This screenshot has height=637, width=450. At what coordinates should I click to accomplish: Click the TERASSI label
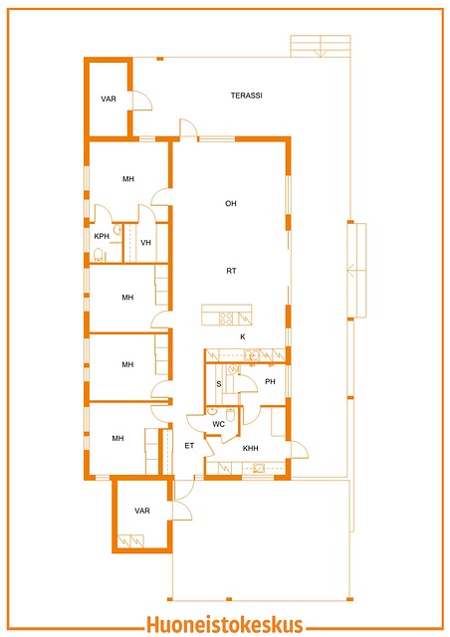(246, 96)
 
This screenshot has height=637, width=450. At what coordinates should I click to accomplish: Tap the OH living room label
(231, 203)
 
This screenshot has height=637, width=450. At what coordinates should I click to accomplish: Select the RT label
(231, 271)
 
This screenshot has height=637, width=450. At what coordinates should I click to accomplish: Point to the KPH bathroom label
(102, 236)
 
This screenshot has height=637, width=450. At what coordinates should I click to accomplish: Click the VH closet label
(145, 243)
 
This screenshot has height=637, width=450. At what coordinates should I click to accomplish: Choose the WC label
(219, 424)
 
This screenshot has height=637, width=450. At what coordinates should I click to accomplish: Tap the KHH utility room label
(251, 448)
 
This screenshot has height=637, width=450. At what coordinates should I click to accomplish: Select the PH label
(270, 381)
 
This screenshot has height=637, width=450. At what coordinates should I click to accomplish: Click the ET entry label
(189, 446)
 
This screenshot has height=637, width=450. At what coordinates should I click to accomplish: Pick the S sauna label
(219, 384)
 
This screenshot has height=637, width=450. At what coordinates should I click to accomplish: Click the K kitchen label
(243, 336)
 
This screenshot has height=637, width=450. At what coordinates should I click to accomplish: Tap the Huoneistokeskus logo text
(225, 624)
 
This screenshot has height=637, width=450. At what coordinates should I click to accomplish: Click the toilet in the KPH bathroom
(98, 255)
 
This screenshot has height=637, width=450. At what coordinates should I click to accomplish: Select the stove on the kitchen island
(226, 318)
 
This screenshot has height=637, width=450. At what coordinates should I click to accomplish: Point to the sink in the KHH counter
(259, 469)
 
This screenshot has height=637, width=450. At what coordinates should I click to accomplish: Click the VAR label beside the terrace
(109, 99)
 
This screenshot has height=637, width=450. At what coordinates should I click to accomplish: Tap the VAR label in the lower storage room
(142, 511)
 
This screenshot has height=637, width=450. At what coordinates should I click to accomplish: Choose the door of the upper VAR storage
(142, 101)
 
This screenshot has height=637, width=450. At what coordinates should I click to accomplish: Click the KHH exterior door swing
(300, 450)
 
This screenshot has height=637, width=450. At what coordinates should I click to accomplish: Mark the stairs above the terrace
(321, 46)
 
